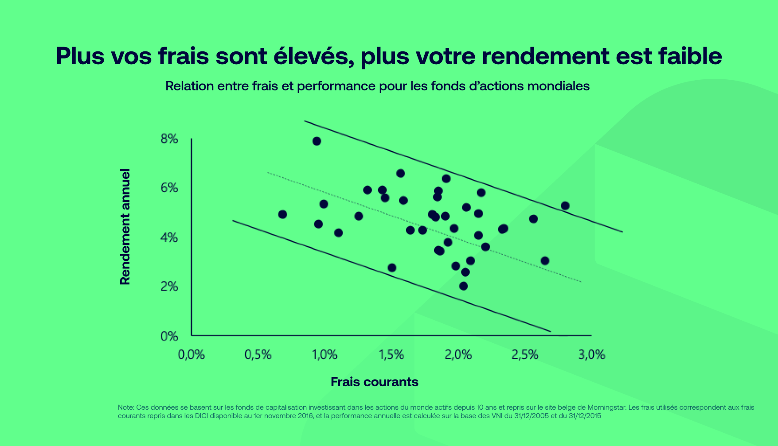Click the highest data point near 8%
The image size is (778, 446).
coord(317,141)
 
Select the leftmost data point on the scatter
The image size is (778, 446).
coord(282,214)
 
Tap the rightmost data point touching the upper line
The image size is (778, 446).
coord(565,206)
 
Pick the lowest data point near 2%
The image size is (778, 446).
coord(463,286)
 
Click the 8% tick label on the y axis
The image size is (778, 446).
coord(169,139)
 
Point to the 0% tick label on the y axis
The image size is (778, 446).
coord(169,336)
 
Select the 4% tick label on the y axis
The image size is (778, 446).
coord(169,238)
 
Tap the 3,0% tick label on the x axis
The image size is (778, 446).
coord(591,355)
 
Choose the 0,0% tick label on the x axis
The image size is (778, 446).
coord(191,355)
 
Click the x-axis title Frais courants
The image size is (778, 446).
coord(374,382)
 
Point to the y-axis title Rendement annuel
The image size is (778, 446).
coord(125,226)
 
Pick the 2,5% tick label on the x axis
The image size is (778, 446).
coord(525,355)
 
